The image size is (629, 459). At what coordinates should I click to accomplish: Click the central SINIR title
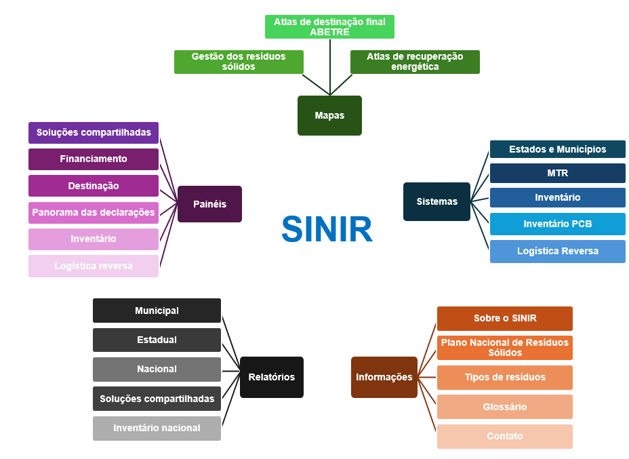(x=327, y=230)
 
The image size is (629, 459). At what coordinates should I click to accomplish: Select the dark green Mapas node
(x=329, y=115)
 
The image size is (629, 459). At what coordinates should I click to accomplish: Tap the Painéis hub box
(x=209, y=204)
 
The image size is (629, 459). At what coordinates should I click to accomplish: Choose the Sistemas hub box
(x=437, y=201)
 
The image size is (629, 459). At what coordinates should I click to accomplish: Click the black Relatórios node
(x=271, y=377)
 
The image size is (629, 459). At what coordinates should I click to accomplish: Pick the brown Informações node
(x=384, y=377)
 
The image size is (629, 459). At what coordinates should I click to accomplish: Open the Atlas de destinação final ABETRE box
(x=329, y=26)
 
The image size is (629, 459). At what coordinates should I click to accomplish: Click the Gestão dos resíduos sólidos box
(x=238, y=62)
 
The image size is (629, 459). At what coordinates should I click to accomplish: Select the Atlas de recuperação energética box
(x=415, y=62)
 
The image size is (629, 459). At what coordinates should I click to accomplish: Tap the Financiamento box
(x=94, y=159)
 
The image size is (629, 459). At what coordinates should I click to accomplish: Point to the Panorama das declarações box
(x=94, y=212)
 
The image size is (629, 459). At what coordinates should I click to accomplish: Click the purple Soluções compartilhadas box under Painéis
(x=94, y=133)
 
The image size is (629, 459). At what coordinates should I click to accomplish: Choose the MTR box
(x=557, y=174)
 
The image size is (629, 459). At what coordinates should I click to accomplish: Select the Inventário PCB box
(x=557, y=224)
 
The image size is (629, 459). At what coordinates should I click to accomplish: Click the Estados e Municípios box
(x=557, y=149)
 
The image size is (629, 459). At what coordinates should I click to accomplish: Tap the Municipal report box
(x=157, y=311)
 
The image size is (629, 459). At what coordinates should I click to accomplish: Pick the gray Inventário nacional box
(x=157, y=428)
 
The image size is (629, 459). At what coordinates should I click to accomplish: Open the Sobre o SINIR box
(x=504, y=319)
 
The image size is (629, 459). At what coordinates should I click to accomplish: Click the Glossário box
(x=504, y=407)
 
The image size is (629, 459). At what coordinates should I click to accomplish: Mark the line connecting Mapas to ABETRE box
(x=329, y=68)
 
